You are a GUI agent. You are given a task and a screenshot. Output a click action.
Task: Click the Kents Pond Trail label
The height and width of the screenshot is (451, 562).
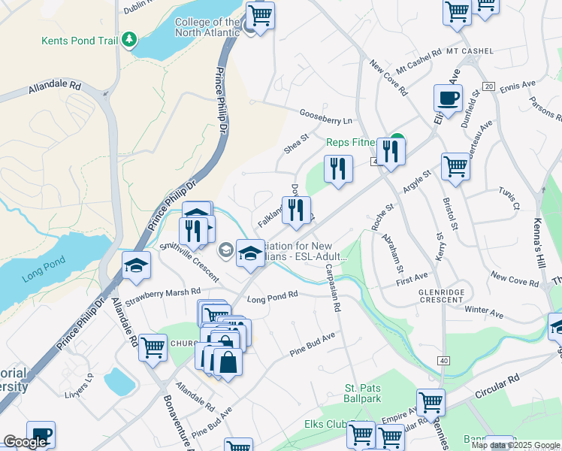tap(79, 41)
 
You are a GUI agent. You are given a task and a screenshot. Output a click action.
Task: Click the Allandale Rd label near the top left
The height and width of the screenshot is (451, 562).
tap(55, 87)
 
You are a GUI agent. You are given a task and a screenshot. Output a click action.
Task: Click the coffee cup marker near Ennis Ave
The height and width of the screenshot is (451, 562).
tap(449, 98)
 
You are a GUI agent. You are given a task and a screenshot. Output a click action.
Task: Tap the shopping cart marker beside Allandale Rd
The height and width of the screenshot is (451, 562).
tap(153, 347)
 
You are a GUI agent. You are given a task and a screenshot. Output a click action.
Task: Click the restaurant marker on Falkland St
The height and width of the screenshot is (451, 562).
tap(296, 210)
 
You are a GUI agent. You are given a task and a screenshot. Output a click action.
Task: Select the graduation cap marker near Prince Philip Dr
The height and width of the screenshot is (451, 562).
tap(137, 266)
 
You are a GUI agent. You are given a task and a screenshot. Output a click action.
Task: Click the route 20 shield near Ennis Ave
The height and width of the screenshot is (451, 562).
tap(488, 86)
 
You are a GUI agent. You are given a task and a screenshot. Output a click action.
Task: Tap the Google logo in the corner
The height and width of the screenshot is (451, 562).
tap(24, 442)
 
